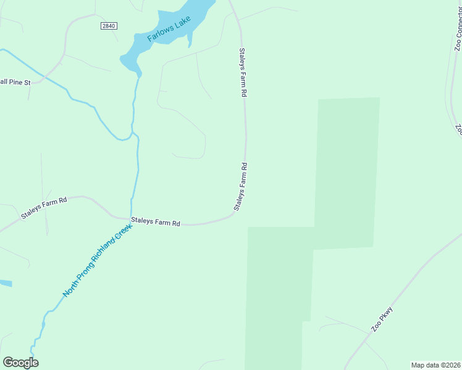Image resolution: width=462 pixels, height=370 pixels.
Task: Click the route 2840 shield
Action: point(109,25)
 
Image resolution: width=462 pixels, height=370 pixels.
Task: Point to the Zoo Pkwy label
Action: point(382,319)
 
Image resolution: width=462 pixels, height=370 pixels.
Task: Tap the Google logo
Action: point(20,363)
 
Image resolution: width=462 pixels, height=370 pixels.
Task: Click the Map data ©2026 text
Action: point(436,365)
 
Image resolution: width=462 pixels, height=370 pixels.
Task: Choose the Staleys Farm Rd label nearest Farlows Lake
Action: point(243,73)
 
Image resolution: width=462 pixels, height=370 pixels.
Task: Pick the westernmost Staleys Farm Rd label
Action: point(44,208)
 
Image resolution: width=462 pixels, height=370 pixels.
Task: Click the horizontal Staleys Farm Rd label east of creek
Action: point(155,221)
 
